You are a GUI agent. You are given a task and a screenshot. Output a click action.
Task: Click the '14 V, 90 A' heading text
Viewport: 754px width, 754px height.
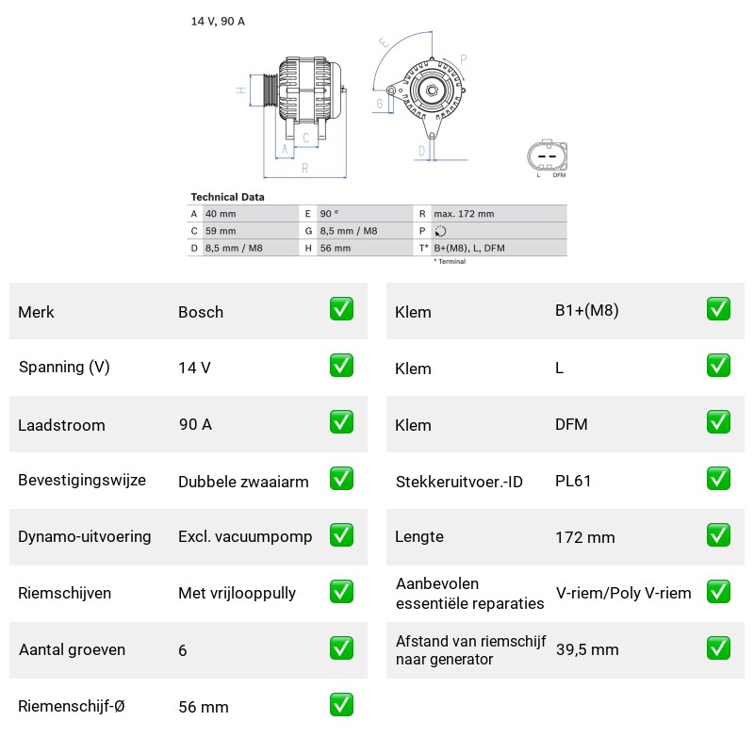(x=218, y=21)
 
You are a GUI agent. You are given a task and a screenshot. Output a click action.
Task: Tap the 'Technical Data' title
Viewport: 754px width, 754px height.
(x=227, y=197)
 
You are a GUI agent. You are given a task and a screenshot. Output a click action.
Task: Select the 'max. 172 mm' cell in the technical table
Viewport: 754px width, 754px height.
(x=464, y=214)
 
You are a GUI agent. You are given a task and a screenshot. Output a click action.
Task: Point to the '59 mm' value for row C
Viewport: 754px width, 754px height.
(x=221, y=231)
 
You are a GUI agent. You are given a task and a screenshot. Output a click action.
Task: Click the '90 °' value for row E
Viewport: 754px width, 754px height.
(x=329, y=214)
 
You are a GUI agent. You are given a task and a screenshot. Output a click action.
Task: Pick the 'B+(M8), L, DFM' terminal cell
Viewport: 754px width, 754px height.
(x=469, y=248)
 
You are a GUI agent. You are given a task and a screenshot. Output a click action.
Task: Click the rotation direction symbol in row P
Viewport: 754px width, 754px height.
(x=440, y=231)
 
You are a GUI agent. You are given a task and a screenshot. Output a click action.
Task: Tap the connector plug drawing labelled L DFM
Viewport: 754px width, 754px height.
(x=548, y=156)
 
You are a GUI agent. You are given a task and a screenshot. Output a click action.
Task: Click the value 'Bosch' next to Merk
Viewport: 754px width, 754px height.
(x=201, y=312)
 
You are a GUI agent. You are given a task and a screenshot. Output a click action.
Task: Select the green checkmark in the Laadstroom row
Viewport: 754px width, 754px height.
(x=341, y=421)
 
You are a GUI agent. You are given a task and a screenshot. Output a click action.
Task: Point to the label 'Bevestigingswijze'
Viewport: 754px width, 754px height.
(x=82, y=480)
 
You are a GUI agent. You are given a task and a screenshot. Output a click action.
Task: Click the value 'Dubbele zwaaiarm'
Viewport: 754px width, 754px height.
(x=243, y=482)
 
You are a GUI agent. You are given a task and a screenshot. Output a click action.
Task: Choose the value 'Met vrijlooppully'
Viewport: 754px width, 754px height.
(x=238, y=593)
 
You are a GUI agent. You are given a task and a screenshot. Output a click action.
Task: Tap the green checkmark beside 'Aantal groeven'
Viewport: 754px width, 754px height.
(x=341, y=648)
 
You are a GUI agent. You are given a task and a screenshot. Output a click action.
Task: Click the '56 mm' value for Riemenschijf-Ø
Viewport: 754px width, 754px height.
(x=204, y=707)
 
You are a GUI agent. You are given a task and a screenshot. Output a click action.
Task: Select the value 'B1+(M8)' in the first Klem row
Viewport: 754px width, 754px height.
(x=586, y=311)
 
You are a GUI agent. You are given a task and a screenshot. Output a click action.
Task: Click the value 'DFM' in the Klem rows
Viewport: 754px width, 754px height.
(x=571, y=424)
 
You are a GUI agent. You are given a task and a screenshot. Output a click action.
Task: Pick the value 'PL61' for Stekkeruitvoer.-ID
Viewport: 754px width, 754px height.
(x=573, y=481)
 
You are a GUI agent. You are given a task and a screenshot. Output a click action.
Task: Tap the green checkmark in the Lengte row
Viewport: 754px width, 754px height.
(x=718, y=535)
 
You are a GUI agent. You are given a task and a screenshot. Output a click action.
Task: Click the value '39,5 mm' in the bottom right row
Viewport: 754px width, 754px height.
(x=587, y=649)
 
